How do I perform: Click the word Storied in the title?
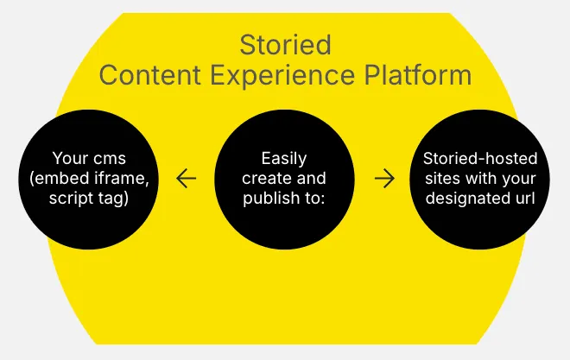[285, 43]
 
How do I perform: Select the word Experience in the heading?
[287, 74]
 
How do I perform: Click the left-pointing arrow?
[186, 179]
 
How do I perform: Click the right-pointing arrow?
[384, 179]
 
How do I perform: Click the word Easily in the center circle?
[284, 159]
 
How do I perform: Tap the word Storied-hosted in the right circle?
[480, 159]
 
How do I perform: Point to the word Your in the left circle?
[68, 159]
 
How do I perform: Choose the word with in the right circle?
[478, 178]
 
